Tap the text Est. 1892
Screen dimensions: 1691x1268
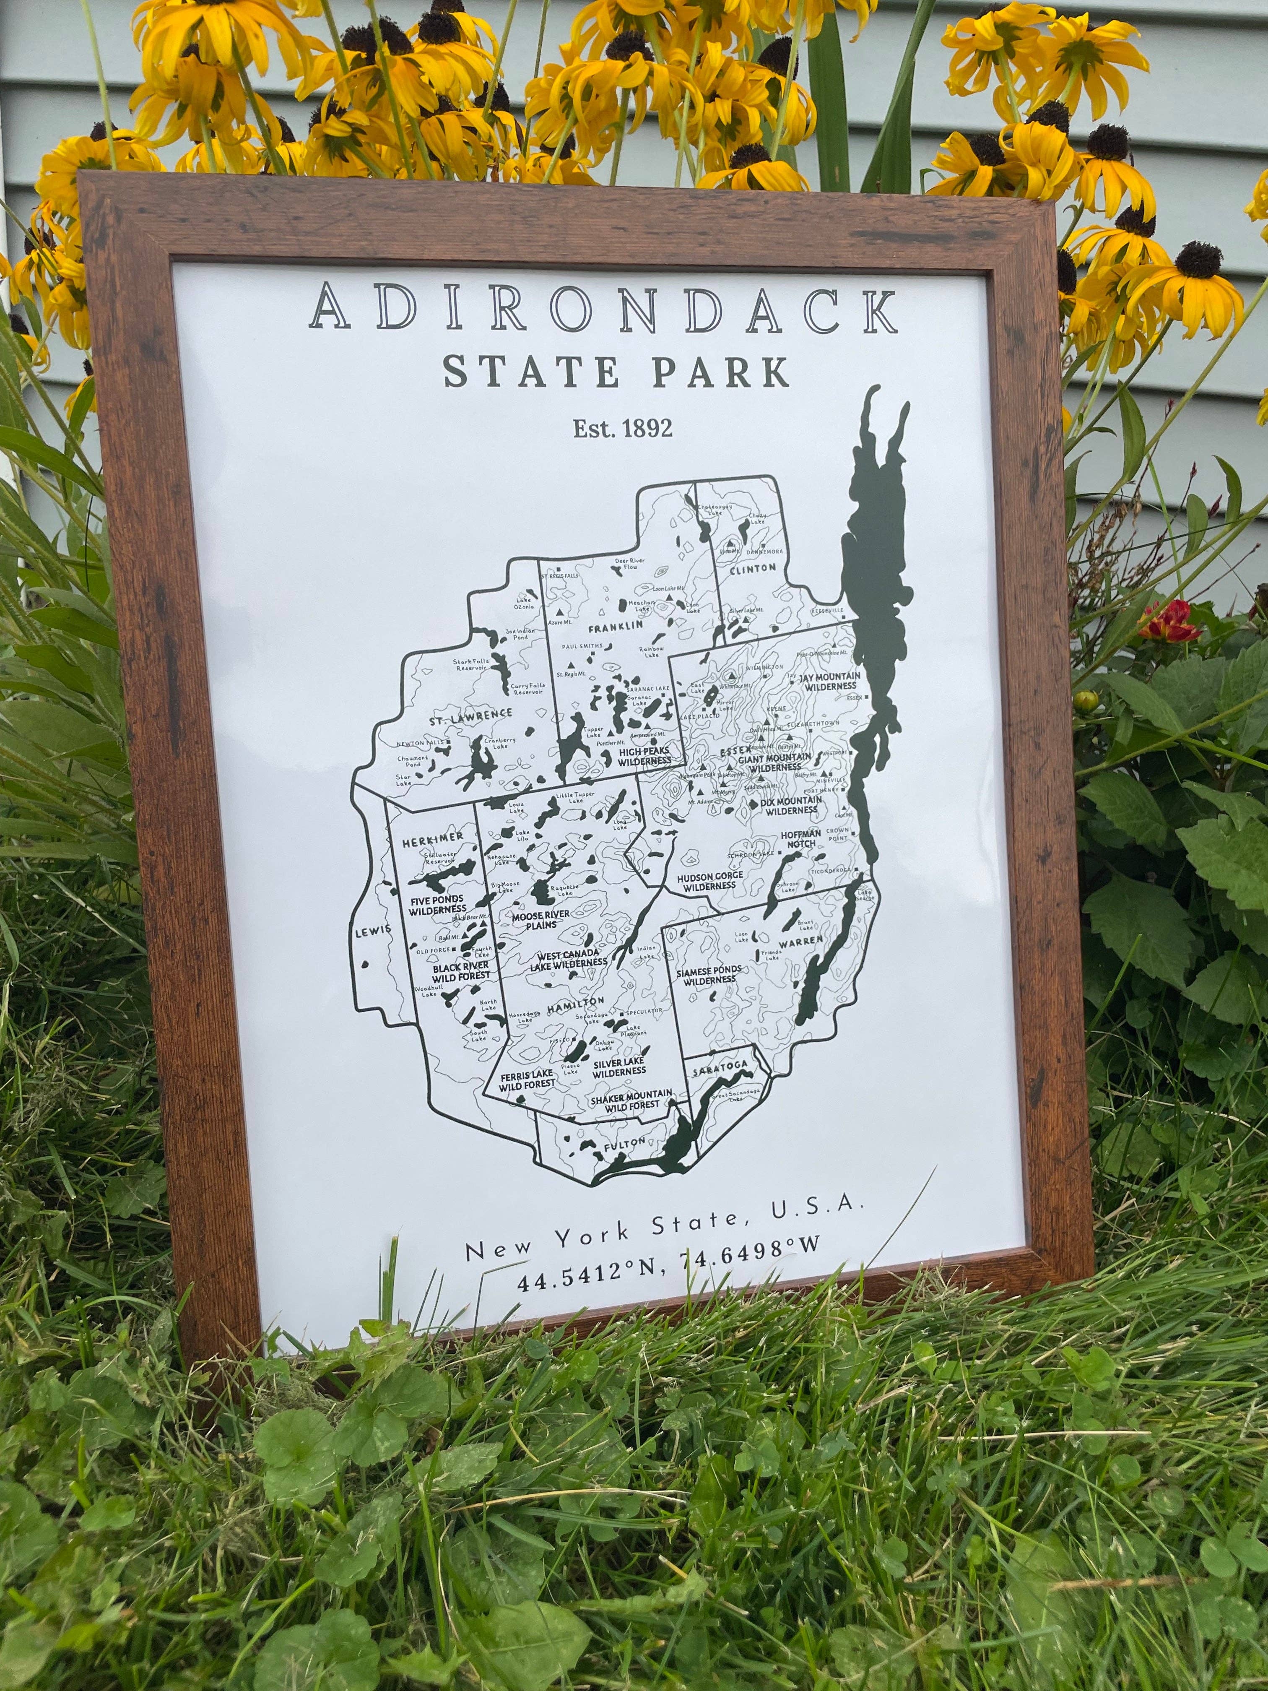tap(623, 428)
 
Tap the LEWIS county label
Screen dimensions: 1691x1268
tap(373, 930)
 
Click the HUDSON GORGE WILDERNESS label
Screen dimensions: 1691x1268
tap(709, 881)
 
